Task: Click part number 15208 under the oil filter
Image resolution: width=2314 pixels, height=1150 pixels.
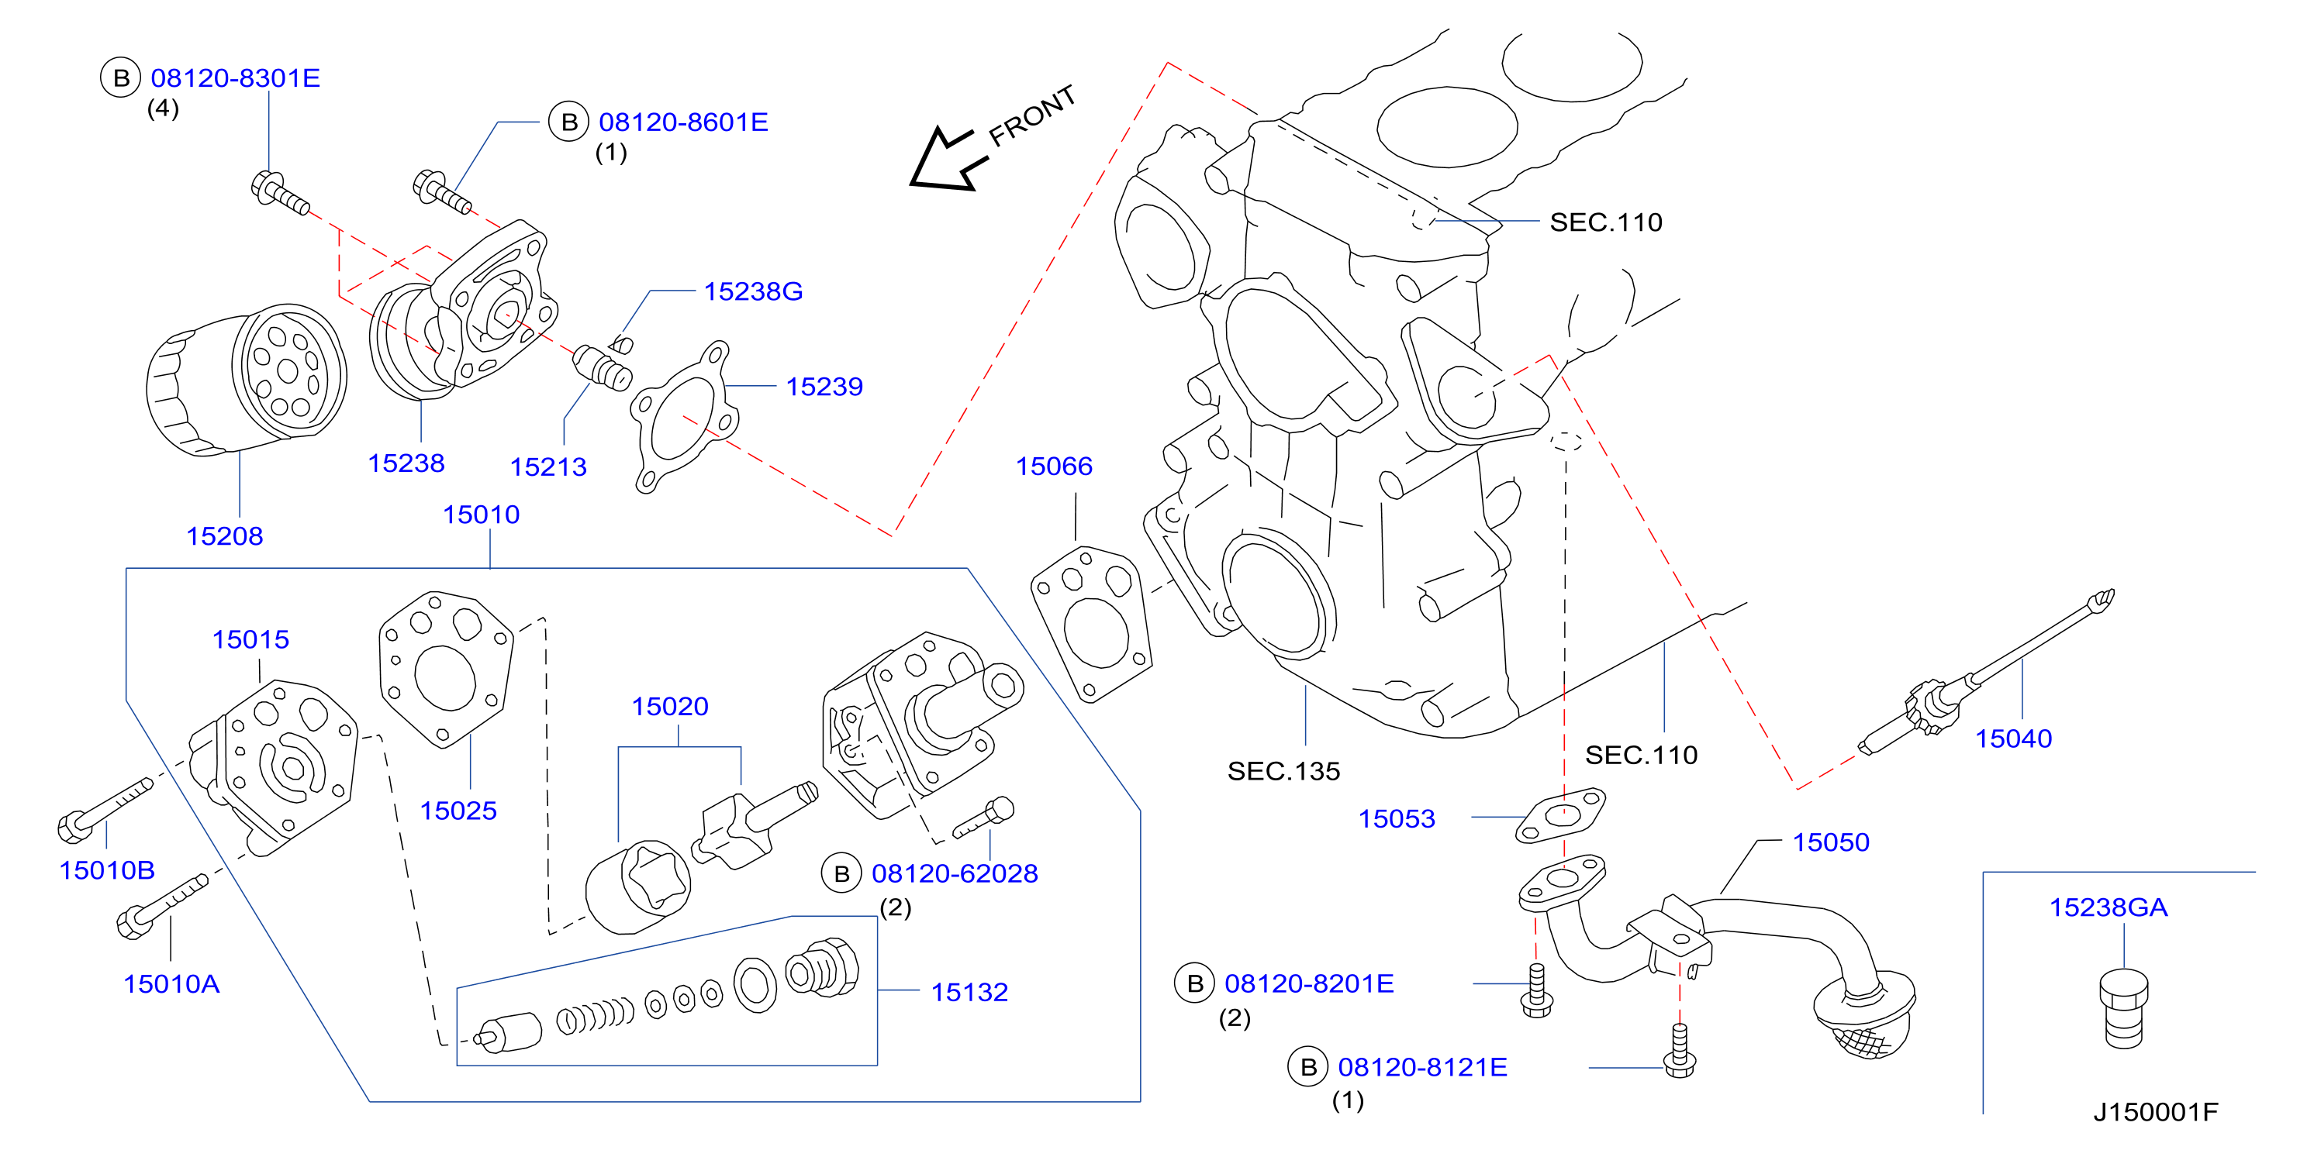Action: click(225, 536)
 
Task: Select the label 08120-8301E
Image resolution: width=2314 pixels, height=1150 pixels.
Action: click(235, 78)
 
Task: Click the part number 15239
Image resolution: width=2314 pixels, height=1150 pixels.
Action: click(824, 386)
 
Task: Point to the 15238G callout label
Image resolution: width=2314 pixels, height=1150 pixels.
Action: click(753, 291)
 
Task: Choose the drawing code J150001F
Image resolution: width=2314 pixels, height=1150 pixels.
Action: click(2155, 1112)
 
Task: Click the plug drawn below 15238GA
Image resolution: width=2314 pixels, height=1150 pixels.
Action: click(2125, 1008)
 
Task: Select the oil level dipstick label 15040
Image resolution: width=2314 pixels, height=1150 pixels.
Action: click(2013, 738)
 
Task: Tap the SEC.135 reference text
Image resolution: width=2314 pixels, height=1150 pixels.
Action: click(1283, 771)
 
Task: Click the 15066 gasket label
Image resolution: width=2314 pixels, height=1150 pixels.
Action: click(1054, 466)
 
